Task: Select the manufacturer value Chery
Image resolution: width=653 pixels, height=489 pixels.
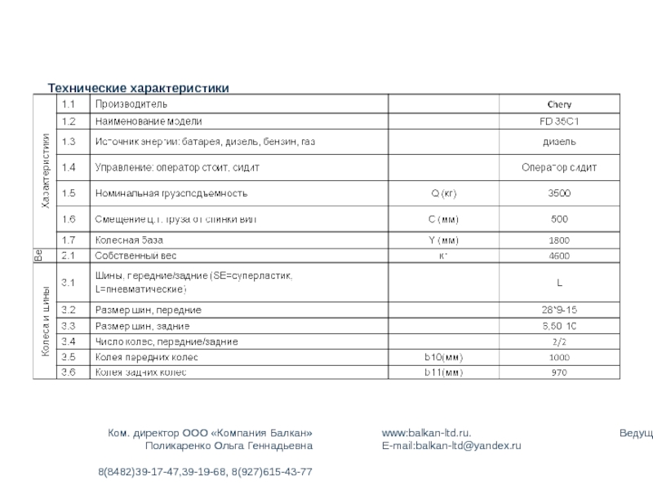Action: pyautogui.click(x=559, y=104)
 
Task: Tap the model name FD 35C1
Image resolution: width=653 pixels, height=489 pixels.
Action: pyautogui.click(x=559, y=121)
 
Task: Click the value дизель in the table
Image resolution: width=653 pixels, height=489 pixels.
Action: pyautogui.click(x=559, y=142)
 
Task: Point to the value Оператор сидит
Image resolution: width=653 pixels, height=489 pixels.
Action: pyautogui.click(x=559, y=168)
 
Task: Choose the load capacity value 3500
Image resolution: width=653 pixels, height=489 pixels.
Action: pyautogui.click(x=559, y=194)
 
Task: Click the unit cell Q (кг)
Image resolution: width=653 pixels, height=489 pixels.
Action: pyautogui.click(x=444, y=194)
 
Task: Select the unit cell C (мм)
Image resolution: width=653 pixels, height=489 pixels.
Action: pyautogui.click(x=444, y=219)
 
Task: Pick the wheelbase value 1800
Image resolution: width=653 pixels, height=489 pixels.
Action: pyautogui.click(x=559, y=240)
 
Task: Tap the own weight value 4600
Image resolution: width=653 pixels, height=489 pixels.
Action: pyautogui.click(x=559, y=256)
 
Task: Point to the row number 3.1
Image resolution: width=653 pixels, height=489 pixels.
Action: pyautogui.click(x=69, y=283)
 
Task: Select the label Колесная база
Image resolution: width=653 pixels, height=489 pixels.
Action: pyautogui.click(x=130, y=240)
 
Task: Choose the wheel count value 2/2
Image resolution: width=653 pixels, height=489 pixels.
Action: pyautogui.click(x=559, y=341)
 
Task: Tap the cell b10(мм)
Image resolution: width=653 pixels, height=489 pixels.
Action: pyautogui.click(x=444, y=357)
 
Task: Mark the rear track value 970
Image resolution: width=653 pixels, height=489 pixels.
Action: pyautogui.click(x=559, y=372)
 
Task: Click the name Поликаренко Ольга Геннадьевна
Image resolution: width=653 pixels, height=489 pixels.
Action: pyautogui.click(x=229, y=446)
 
